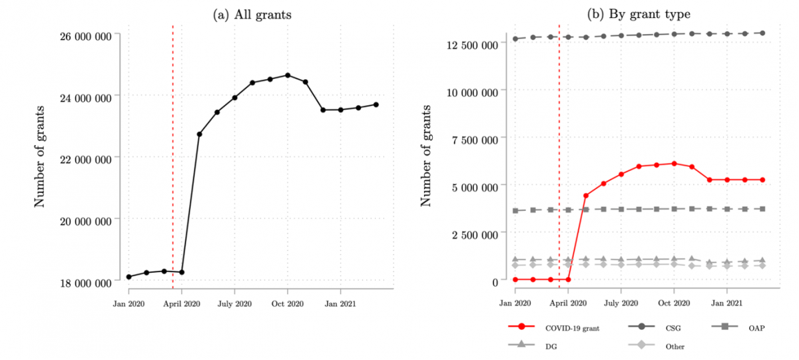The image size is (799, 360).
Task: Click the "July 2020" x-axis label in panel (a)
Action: tap(234, 303)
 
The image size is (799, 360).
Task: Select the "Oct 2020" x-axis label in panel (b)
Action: tap(673, 303)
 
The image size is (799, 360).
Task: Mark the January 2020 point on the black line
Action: tap(129, 277)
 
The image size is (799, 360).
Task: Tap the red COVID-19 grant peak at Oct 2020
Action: tap(674, 164)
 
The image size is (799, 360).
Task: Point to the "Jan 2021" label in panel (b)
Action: tap(726, 303)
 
